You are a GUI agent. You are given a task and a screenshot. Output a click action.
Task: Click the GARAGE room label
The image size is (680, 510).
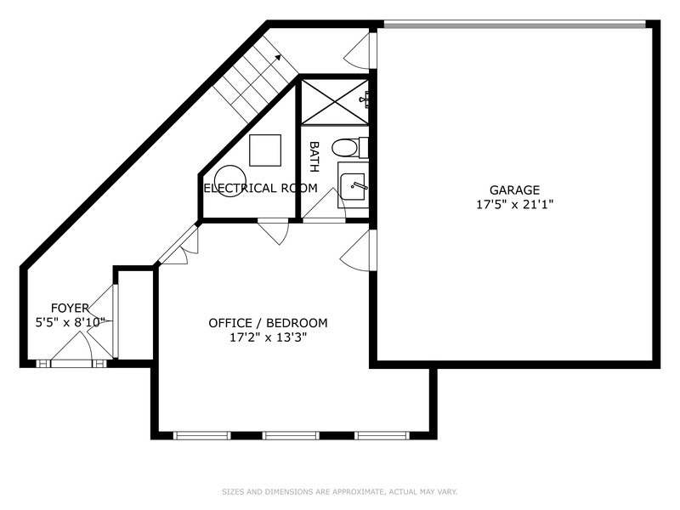(515, 190)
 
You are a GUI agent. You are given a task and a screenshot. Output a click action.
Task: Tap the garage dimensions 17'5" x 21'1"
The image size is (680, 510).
(515, 204)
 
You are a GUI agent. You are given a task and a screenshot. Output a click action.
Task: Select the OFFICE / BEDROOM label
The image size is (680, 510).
(268, 323)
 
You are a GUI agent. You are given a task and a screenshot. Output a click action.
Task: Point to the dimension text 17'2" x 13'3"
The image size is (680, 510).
(268, 337)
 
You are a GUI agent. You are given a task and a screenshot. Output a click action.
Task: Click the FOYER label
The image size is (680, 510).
(70, 309)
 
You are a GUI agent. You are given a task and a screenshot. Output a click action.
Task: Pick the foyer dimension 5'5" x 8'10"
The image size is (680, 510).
(71, 323)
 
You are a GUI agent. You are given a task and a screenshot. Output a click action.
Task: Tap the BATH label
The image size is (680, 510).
(314, 156)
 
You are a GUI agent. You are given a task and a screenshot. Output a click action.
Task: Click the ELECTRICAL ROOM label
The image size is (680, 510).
(261, 188)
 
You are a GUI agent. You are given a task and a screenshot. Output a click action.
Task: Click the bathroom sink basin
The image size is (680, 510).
(353, 186)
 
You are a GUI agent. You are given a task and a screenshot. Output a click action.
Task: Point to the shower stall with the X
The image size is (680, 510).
(334, 102)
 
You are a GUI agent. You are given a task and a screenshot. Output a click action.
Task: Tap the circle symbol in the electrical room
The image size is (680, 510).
(229, 181)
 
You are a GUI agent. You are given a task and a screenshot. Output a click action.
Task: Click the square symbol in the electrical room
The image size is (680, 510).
(265, 150)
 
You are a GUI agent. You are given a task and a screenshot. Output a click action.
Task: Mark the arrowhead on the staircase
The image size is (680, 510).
(278, 57)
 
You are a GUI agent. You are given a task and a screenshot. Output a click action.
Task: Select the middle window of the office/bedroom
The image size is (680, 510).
(291, 435)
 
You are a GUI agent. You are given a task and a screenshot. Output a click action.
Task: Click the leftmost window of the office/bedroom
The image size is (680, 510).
(202, 435)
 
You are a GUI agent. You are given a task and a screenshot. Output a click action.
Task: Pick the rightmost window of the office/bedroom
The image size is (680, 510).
(382, 435)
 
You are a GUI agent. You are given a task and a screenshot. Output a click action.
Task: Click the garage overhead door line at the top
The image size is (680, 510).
(515, 25)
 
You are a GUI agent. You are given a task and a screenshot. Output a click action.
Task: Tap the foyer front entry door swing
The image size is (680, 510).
(71, 347)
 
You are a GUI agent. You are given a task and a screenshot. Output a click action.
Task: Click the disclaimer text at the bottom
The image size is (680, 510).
(339, 492)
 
